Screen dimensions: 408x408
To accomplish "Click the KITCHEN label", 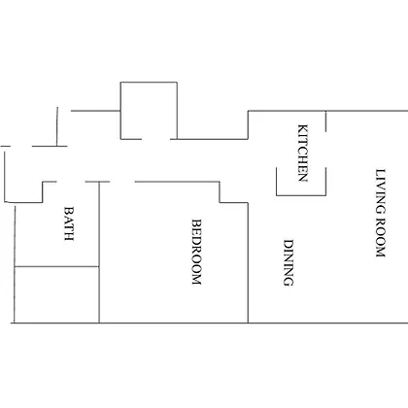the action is click(302, 153).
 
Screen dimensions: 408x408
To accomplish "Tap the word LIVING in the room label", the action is click(381, 191).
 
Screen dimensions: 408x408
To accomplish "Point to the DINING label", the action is click(289, 262).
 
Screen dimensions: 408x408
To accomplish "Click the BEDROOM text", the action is click(196, 252).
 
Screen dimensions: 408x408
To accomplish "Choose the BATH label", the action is click(69, 223).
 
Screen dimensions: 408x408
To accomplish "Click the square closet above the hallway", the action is click(149, 111).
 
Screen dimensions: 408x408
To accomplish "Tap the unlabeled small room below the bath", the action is click(56, 294).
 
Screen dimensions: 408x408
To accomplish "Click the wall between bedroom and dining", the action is click(248, 263).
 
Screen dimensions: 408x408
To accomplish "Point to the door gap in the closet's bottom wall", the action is click(156, 139).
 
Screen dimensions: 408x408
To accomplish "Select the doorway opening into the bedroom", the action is click(122, 182).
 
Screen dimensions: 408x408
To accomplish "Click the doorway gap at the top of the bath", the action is click(71, 182).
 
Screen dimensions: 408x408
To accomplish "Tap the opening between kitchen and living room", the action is click(325, 150).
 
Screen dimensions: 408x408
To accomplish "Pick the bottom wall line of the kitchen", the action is click(301, 195).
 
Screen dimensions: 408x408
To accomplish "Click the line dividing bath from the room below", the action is click(56, 267).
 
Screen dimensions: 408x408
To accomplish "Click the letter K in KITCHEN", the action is click(302, 128).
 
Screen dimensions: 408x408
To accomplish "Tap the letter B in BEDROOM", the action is click(196, 222).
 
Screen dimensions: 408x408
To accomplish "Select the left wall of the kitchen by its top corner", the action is click(249, 111).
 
